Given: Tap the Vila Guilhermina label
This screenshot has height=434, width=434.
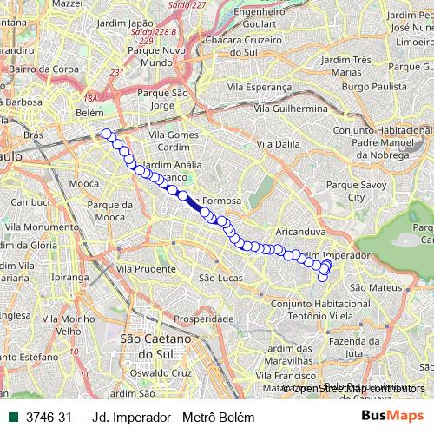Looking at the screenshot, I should pos(291,108).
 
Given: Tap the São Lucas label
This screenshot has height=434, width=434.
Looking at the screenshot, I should pos(219,278).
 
